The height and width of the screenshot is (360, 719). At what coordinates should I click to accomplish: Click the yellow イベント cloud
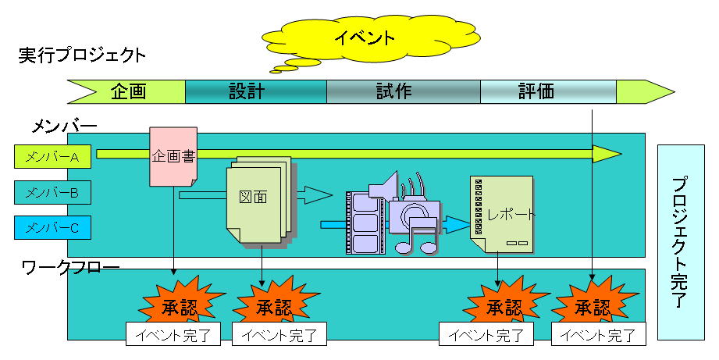[366, 37]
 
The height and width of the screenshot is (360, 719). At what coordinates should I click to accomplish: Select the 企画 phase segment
[129, 91]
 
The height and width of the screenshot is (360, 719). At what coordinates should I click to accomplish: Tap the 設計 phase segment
[247, 91]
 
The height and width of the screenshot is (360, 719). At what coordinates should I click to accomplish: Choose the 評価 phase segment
[536, 91]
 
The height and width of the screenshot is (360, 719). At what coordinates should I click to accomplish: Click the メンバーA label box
[52, 157]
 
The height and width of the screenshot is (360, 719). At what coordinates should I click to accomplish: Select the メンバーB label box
[52, 192]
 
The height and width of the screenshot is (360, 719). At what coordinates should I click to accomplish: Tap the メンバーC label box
[52, 227]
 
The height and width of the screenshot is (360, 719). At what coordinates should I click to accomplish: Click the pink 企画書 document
[173, 156]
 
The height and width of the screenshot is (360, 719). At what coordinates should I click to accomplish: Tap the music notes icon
[418, 234]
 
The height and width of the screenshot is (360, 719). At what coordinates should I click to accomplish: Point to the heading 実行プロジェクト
[82, 56]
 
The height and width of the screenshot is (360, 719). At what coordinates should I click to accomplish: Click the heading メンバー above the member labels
[64, 126]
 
